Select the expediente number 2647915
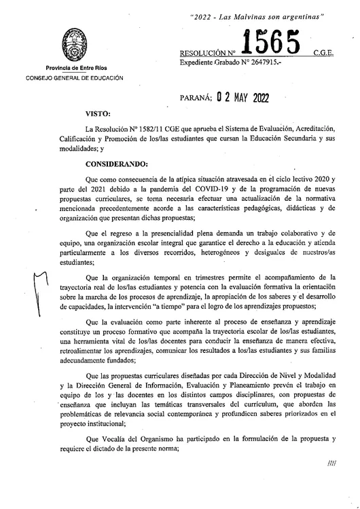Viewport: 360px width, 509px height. [x=262, y=62]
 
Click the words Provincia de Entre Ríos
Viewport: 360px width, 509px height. [x=74, y=69]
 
